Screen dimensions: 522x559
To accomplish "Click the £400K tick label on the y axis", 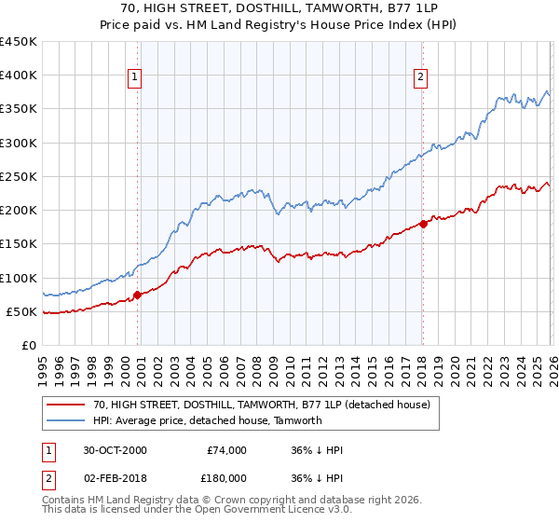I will click(x=18, y=76).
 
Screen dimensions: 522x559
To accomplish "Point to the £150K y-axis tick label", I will click(x=18, y=244).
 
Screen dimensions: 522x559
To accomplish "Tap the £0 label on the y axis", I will click(x=28, y=345).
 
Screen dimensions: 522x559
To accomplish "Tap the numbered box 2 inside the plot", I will click(x=421, y=77).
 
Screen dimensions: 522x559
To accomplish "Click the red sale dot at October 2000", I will click(x=138, y=295).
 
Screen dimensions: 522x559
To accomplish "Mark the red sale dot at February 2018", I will click(x=422, y=224).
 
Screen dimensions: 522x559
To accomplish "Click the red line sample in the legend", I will click(x=65, y=405).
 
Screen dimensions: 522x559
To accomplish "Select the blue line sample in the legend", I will click(x=65, y=420).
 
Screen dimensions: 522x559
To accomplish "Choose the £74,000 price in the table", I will click(x=226, y=450).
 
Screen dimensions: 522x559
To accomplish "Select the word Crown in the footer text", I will click(x=230, y=501).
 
